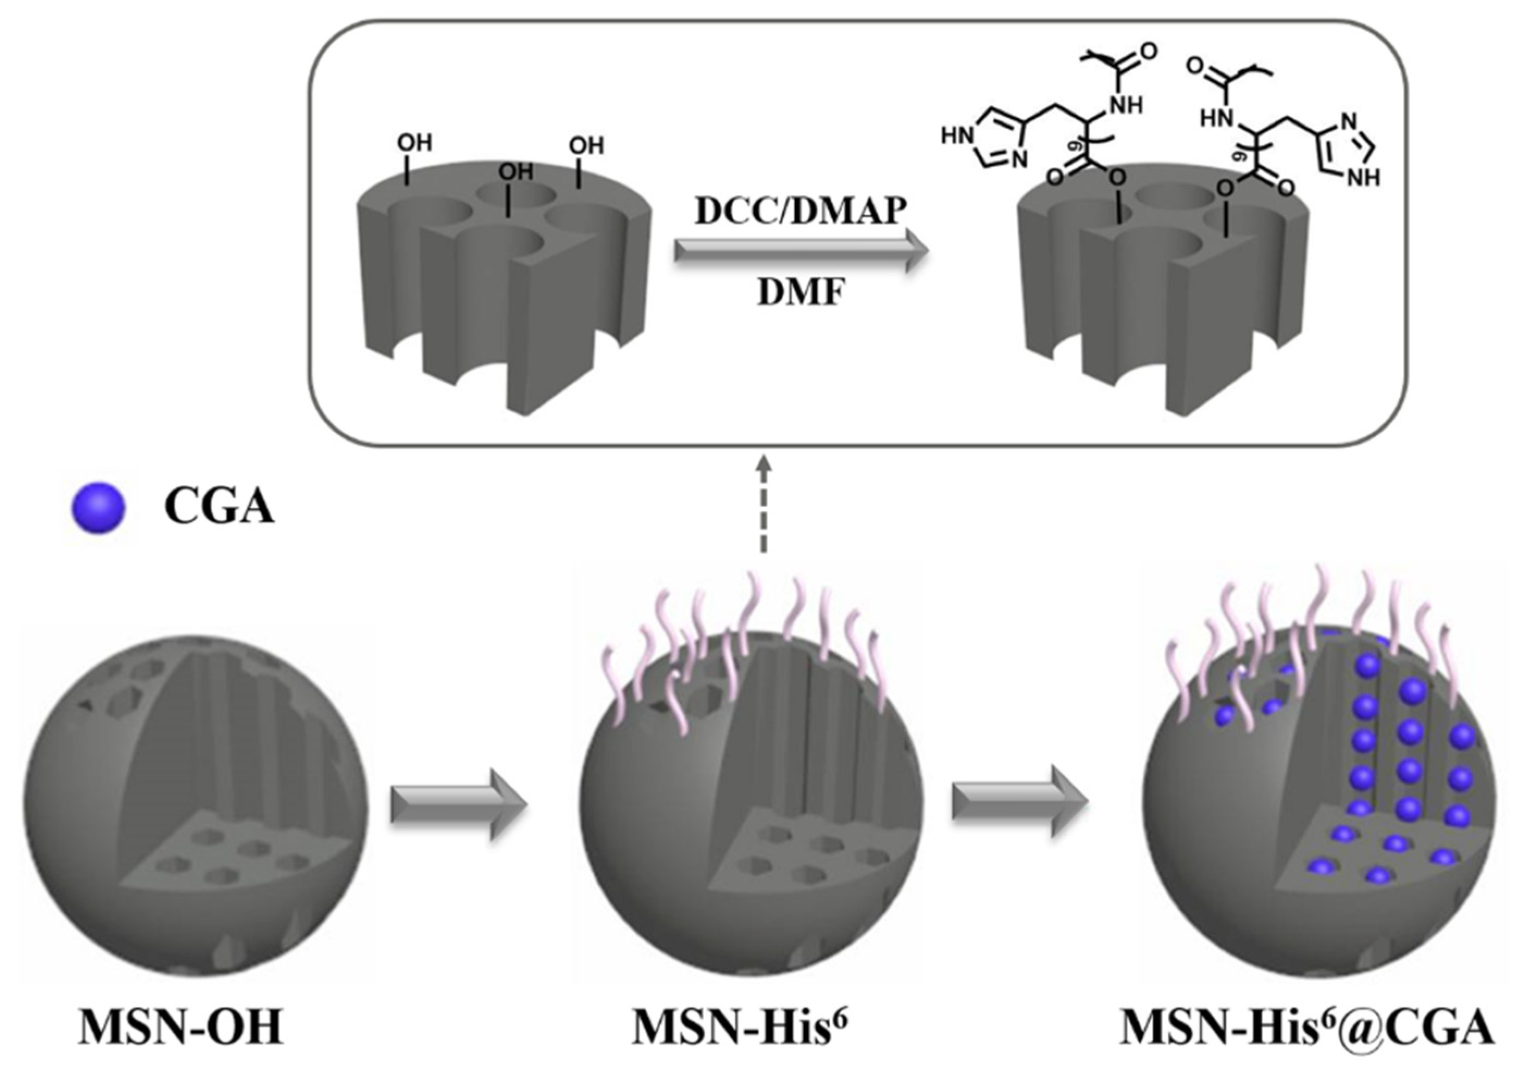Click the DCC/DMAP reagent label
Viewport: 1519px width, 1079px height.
(x=801, y=211)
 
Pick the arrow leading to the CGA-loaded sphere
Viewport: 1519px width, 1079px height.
(x=1020, y=801)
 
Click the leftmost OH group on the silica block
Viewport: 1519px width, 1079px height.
(x=414, y=143)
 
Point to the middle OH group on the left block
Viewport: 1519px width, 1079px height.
(x=516, y=172)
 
